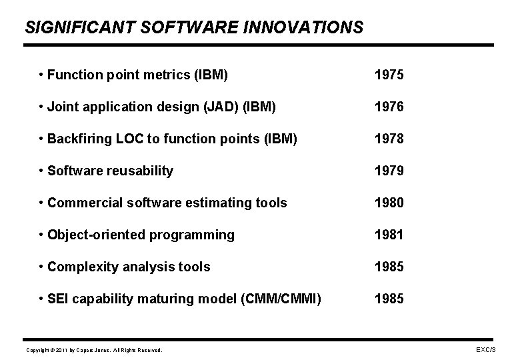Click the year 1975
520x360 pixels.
[x=389, y=75]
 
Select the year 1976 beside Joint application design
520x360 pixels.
[x=389, y=107]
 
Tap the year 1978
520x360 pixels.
[x=389, y=139]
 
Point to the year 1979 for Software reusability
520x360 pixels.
[x=389, y=171]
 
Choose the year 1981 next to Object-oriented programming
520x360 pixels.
[x=389, y=235]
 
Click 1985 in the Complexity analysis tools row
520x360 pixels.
[x=389, y=267]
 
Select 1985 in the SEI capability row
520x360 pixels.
[x=389, y=299]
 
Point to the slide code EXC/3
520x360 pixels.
[x=485, y=349]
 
